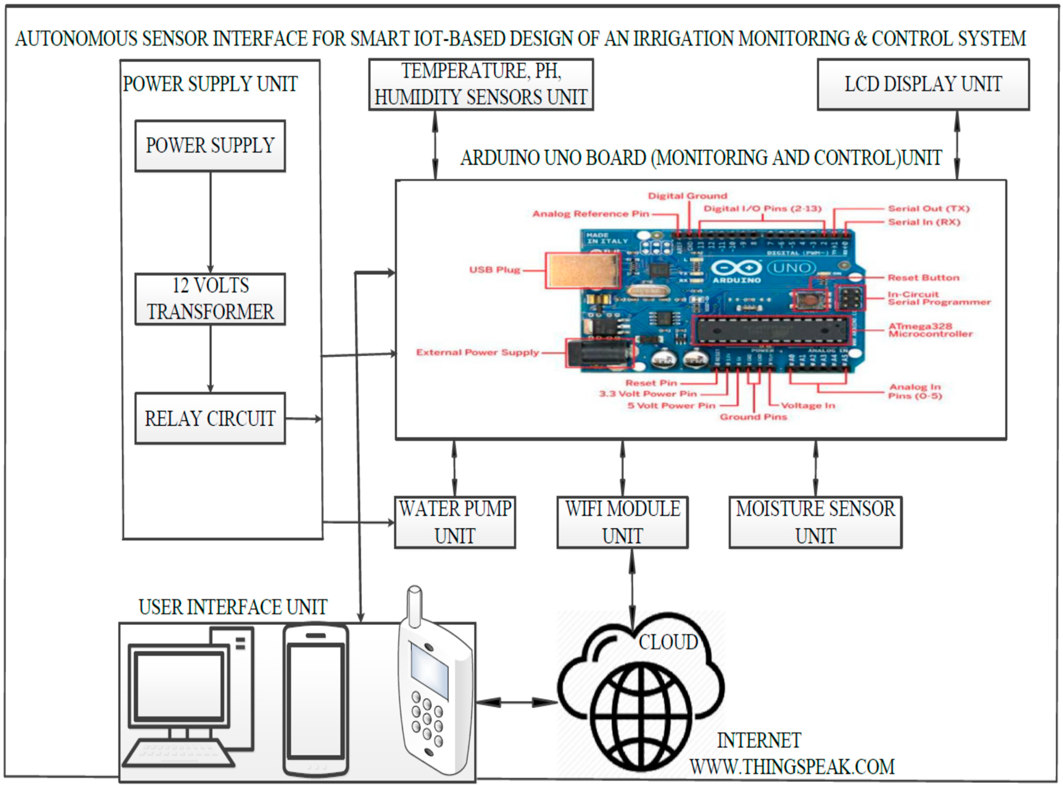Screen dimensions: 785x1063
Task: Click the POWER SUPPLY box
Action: pyautogui.click(x=210, y=146)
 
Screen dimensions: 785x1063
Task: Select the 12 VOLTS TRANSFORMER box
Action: pyautogui.click(x=210, y=299)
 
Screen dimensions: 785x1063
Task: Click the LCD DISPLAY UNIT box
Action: pyautogui.click(x=923, y=85)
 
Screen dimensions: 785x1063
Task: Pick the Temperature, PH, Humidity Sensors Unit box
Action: pyautogui.click(x=481, y=85)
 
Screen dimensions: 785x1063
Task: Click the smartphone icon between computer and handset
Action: pyautogui.click(x=316, y=701)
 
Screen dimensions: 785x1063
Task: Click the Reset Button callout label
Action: pyautogui.click(x=923, y=277)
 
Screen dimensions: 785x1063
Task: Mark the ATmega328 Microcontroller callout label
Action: pyautogui.click(x=930, y=330)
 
